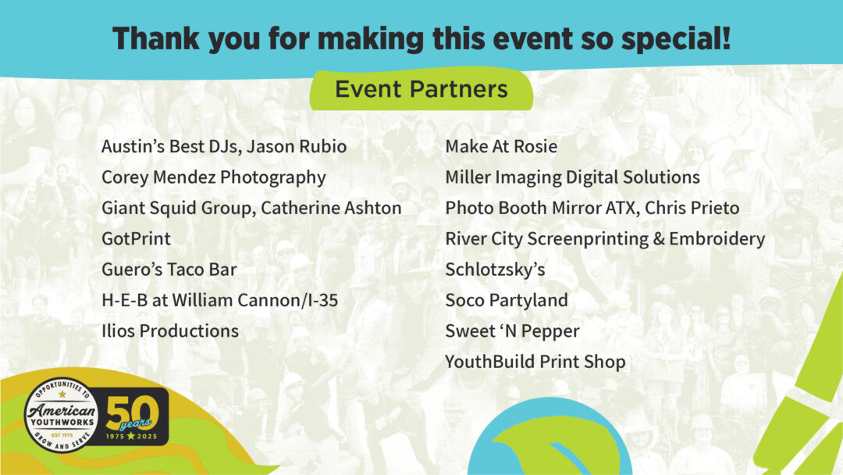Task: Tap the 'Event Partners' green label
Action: [421, 89]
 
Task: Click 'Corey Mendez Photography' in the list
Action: [213, 177]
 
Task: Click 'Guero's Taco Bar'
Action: [169, 270]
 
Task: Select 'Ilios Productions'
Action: [170, 331]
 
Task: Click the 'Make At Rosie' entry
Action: [501, 146]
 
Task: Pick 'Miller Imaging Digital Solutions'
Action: [572, 177]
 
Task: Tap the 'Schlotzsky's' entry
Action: [495, 270]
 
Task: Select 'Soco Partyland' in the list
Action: [507, 300]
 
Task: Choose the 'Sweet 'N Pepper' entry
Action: [512, 331]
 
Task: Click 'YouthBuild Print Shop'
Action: [535, 362]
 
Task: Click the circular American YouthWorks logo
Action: [62, 416]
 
